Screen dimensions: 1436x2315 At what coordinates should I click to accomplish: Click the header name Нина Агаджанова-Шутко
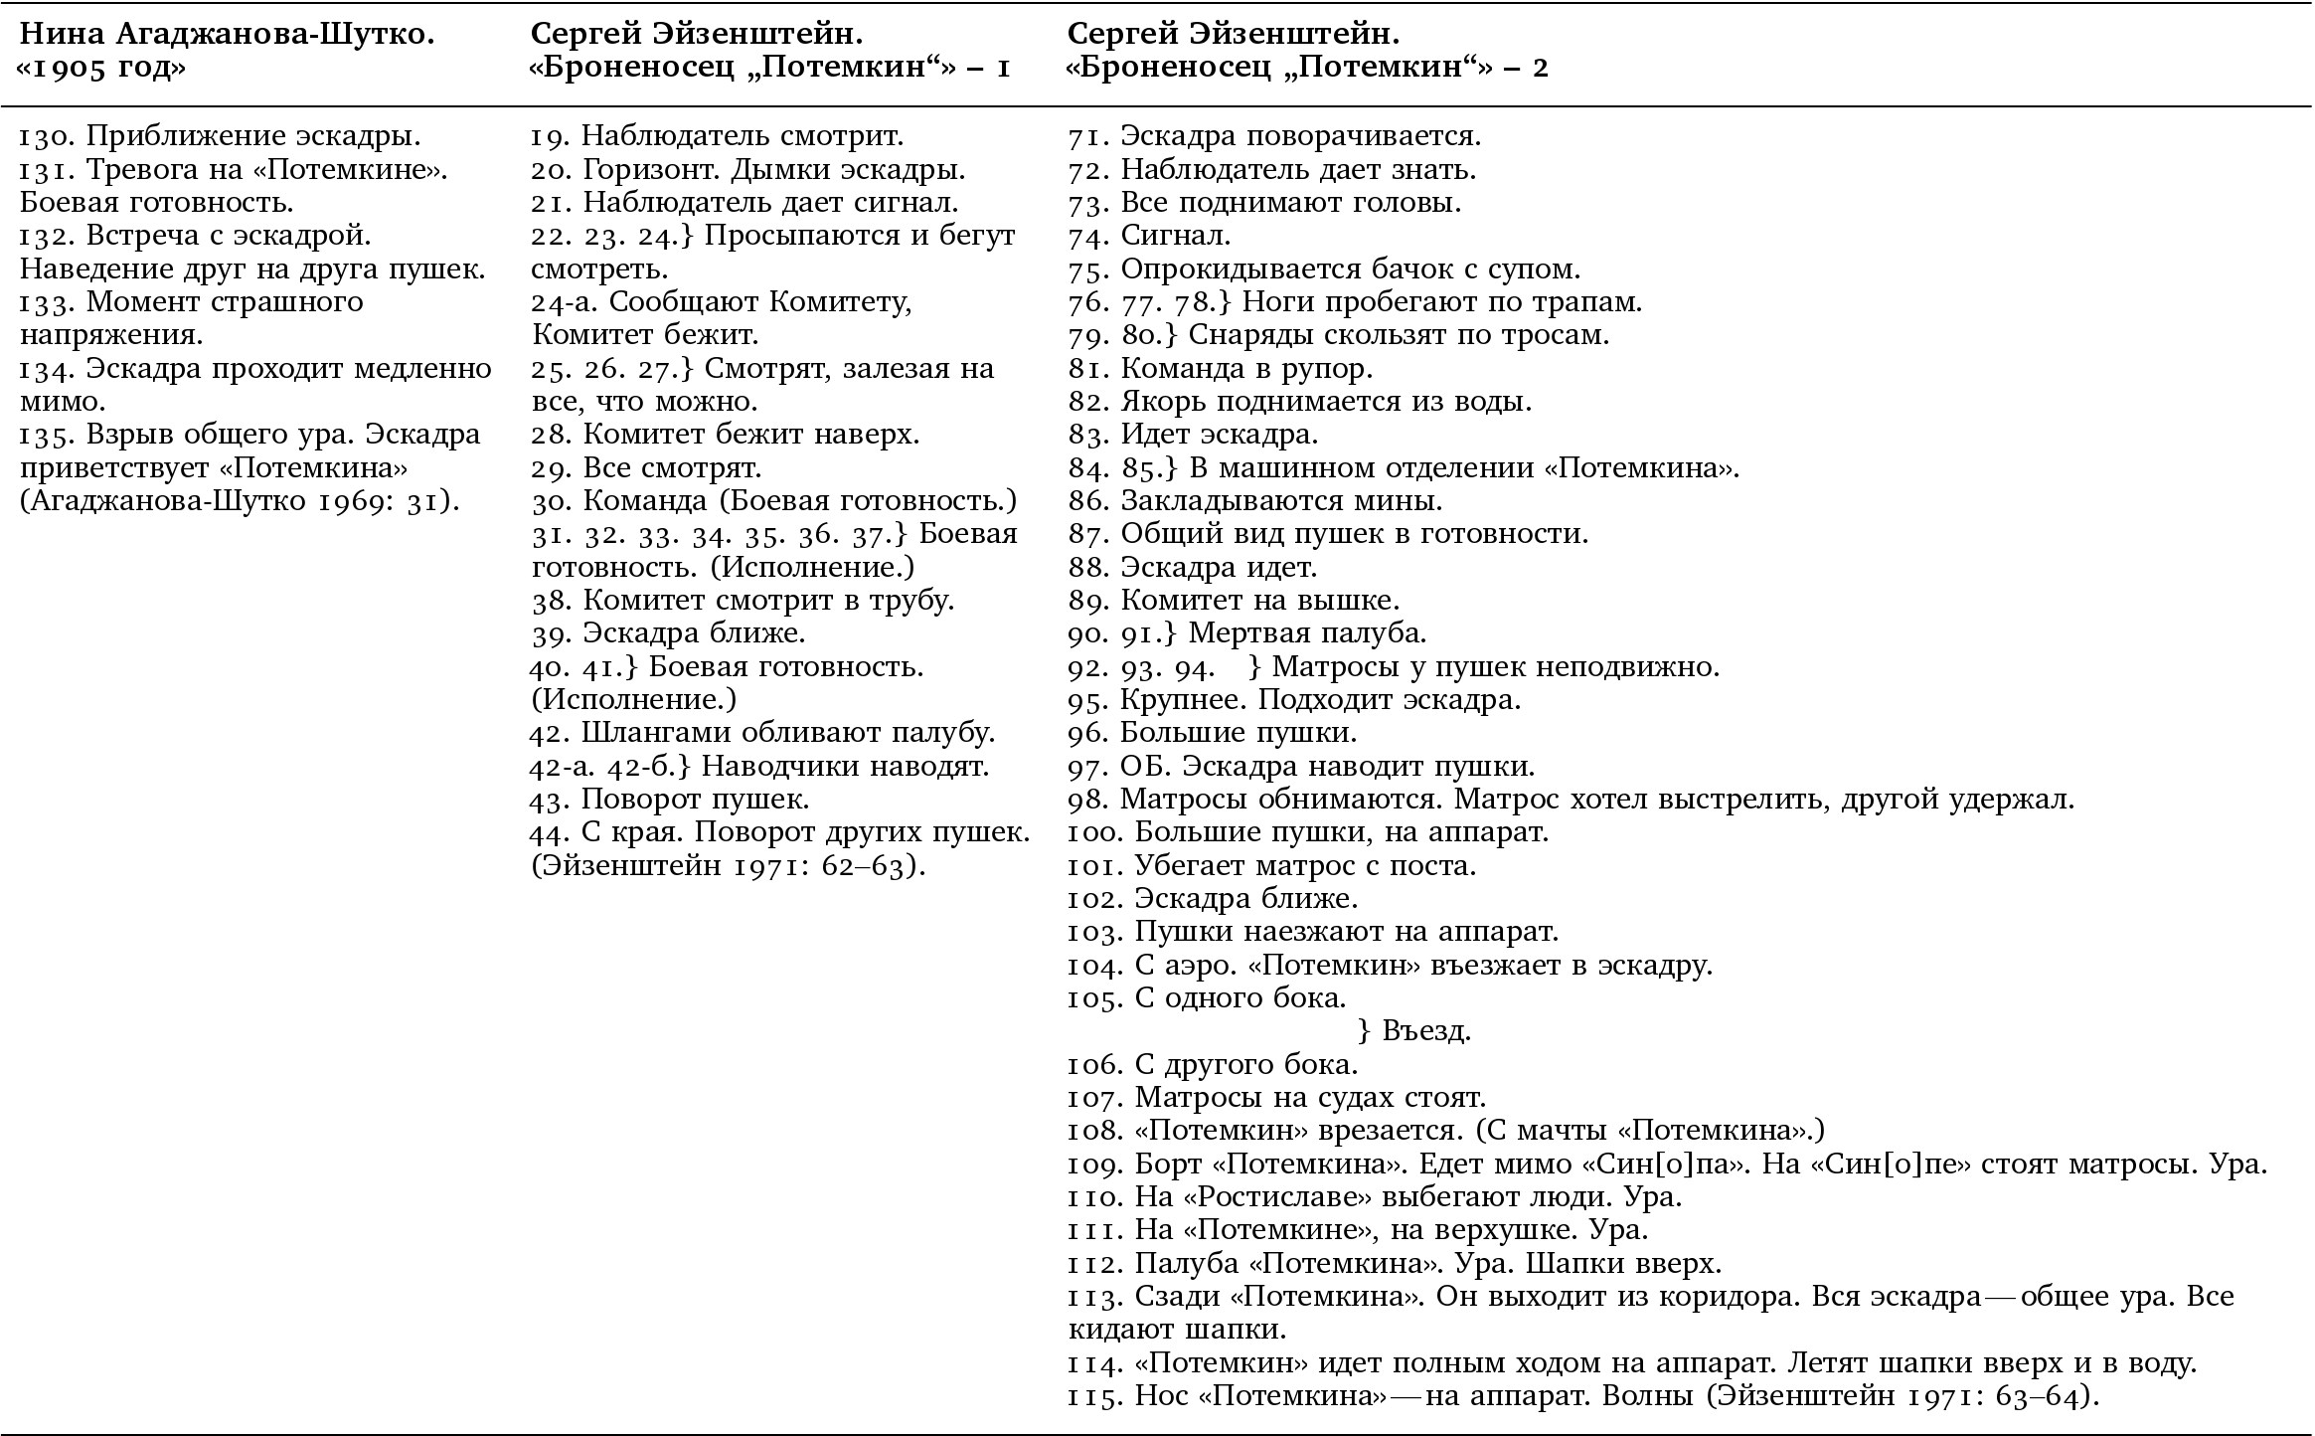[228, 35]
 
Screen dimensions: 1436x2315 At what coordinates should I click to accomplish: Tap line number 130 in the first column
[45, 136]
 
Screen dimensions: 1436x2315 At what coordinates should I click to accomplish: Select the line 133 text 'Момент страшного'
[225, 301]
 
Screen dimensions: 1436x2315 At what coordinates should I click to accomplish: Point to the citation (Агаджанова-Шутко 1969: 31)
[240, 500]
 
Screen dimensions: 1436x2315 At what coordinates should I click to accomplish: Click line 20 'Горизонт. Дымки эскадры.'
[748, 169]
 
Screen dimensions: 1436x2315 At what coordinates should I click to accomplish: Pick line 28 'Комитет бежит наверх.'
[726, 435]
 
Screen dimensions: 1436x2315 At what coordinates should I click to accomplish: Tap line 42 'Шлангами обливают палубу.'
[762, 733]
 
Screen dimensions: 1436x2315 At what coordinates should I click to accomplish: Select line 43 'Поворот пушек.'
[671, 799]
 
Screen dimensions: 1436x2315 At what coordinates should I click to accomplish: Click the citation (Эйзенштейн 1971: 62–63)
[728, 865]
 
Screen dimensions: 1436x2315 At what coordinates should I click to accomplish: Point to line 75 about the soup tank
[1324, 269]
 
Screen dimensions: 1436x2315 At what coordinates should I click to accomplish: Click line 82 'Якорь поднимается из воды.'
[1300, 401]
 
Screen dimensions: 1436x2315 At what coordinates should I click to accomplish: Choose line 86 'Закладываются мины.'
[1255, 500]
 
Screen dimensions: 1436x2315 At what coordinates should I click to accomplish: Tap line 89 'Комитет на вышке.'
[1234, 600]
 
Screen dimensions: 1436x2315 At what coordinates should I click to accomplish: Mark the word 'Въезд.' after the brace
[1426, 1031]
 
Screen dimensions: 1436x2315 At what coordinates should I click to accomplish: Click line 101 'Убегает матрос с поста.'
[1272, 865]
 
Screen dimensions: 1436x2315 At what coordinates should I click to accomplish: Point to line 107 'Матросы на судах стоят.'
[1277, 1098]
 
